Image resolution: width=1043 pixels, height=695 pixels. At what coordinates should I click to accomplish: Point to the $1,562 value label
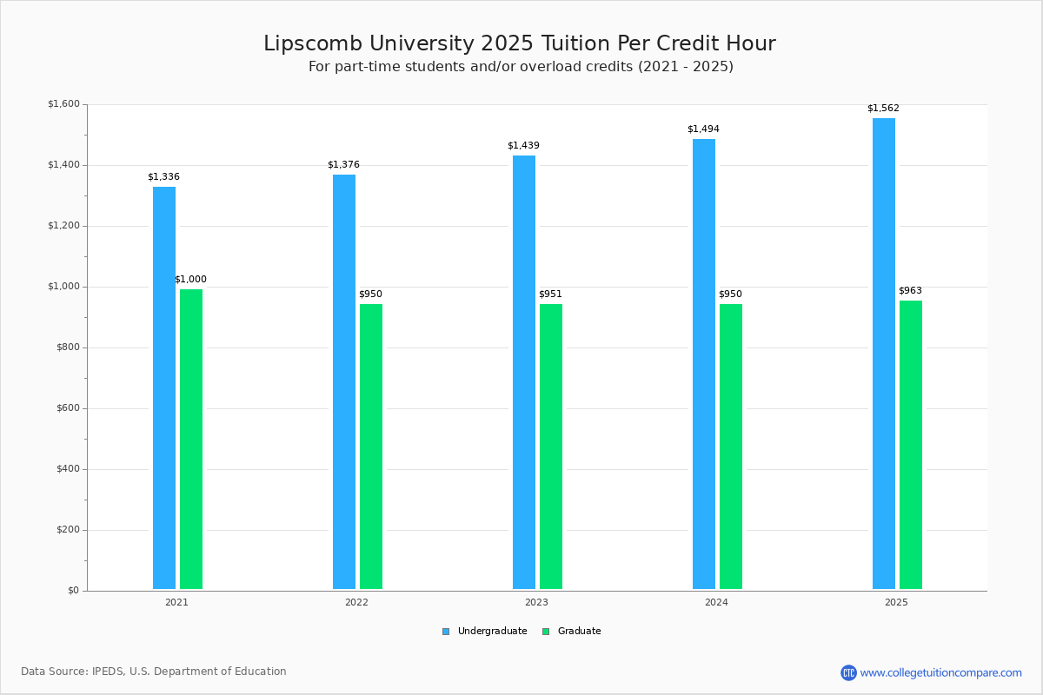click(883, 109)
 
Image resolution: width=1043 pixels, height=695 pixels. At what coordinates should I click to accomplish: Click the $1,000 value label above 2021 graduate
click(190, 280)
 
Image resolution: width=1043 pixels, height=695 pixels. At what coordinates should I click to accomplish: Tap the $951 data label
click(550, 295)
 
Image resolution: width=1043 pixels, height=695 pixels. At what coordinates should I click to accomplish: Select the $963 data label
click(910, 291)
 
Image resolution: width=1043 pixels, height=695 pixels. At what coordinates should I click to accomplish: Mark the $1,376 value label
click(343, 165)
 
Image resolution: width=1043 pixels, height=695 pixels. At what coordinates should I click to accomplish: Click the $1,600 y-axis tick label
click(63, 104)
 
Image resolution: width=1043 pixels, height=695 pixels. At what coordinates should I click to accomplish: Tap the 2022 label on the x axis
click(356, 602)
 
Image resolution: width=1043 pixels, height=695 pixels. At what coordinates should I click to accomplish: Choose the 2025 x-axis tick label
click(896, 602)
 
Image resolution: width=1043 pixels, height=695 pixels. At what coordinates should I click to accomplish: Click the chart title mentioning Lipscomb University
click(520, 43)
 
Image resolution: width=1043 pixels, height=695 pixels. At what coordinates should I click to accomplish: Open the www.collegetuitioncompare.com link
click(940, 672)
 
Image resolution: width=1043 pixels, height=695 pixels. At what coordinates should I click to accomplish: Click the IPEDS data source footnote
click(154, 672)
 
